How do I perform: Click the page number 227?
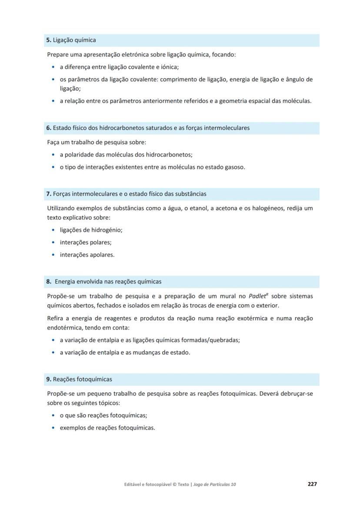coord(312,484)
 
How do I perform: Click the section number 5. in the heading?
coord(49,40)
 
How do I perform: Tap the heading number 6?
coord(49,128)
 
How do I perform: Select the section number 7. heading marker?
coord(49,193)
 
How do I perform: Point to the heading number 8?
coord(49,281)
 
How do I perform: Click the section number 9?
coord(49,379)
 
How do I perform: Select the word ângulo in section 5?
coord(296,79)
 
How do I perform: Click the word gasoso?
coord(234,166)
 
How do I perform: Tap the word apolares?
coord(101,255)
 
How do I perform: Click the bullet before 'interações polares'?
coord(53,243)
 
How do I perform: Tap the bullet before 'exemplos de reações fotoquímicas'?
coord(53,428)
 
